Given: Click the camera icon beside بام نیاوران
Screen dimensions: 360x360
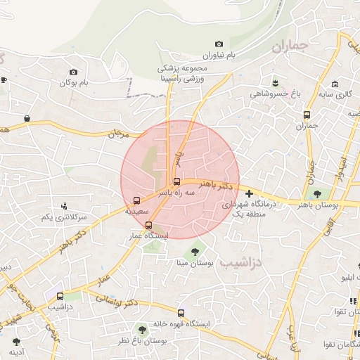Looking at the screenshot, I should [x=219, y=44].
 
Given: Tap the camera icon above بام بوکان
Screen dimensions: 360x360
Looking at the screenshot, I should [x=74, y=72].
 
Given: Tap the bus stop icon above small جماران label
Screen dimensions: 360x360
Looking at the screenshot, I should [x=307, y=115].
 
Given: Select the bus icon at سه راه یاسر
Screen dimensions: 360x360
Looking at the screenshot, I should [x=176, y=181].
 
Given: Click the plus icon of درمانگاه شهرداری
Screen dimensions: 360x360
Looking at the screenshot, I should [x=249, y=193].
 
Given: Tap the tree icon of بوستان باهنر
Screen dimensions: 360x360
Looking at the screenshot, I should [x=317, y=193].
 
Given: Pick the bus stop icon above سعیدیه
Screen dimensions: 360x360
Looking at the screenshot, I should [x=136, y=200].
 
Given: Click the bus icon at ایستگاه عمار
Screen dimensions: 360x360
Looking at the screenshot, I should [x=148, y=225].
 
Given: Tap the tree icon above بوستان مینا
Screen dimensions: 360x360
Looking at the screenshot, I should [x=195, y=251].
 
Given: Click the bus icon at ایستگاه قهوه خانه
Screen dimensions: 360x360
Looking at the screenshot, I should [x=181, y=313].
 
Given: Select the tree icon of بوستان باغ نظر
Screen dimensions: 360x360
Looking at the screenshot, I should [x=143, y=329].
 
